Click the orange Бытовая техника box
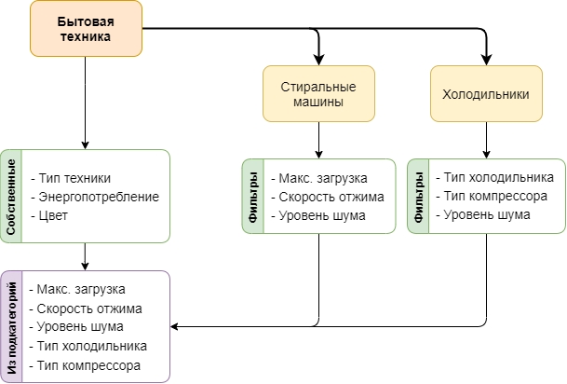coord(86,28)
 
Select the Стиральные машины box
coord(318,94)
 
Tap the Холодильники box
coord(484,94)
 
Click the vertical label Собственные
coord(11,196)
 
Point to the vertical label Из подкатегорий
coord(11,326)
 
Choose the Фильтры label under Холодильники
coord(419,196)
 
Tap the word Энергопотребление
coord(101,196)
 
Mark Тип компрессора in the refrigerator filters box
coord(494,196)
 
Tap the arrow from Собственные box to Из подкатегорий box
coord(86,256)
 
